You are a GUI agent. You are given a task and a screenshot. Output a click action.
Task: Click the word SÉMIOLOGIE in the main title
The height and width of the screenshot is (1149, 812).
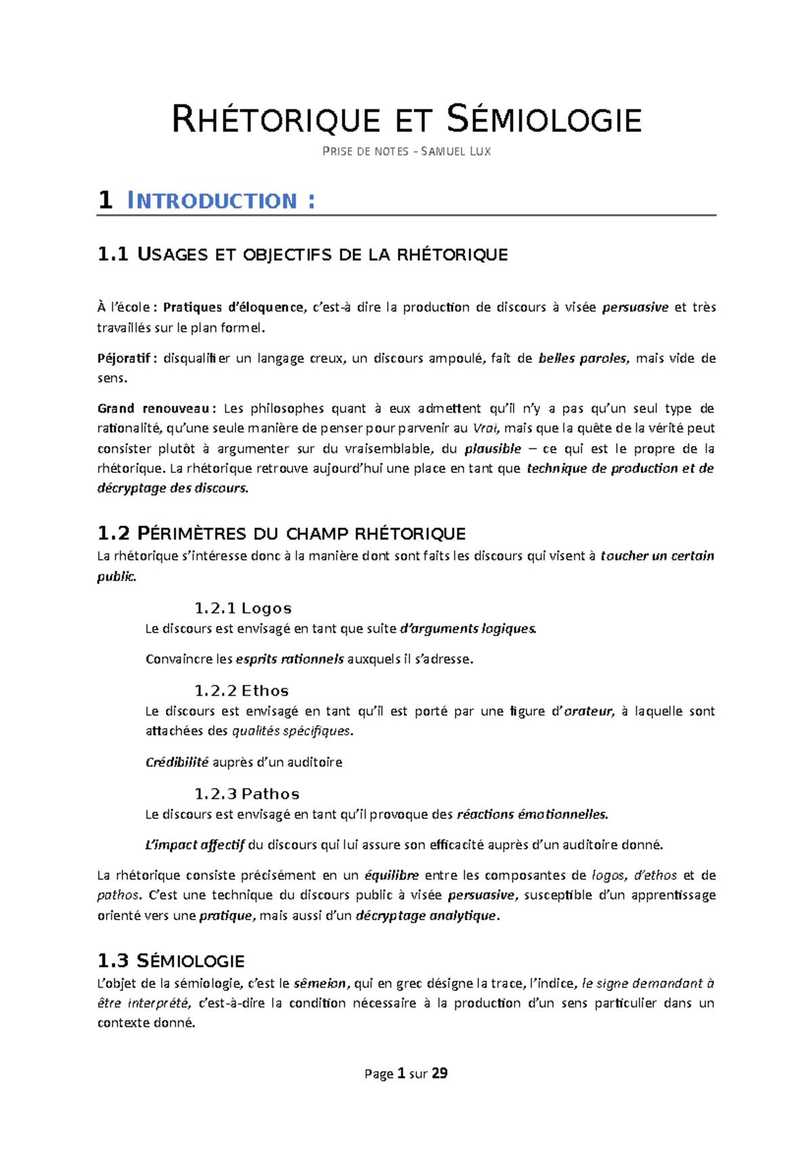coord(544,120)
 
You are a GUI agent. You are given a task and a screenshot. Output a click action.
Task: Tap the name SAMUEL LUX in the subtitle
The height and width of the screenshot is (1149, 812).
coord(456,152)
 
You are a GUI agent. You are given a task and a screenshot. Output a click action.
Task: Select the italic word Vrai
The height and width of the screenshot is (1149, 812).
coord(484,428)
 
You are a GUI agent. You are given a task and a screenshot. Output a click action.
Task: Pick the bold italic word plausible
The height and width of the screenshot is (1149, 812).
coord(493,449)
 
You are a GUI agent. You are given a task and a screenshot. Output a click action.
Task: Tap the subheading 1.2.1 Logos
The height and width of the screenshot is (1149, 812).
coord(243,608)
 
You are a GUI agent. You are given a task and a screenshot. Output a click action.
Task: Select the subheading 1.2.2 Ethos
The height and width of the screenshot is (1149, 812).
coord(242,691)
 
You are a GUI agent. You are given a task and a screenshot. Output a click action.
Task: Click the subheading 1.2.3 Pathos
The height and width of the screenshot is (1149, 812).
coord(247,794)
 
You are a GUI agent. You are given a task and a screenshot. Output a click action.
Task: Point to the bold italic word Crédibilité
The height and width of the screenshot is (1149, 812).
coord(177,763)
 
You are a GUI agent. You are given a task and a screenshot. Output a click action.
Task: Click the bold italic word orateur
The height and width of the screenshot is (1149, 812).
coord(588,711)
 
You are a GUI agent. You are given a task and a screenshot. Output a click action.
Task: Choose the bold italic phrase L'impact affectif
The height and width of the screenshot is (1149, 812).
coord(194,844)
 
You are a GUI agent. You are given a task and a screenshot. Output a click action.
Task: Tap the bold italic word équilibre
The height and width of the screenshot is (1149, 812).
coord(391,876)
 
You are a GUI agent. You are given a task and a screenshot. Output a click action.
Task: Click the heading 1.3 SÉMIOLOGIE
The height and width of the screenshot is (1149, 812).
coord(171,961)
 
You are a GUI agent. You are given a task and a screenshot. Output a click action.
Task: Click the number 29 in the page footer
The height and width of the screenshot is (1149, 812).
coord(439,1073)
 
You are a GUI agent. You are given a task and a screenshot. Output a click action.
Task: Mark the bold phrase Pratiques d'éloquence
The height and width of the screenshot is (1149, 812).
coord(233,308)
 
